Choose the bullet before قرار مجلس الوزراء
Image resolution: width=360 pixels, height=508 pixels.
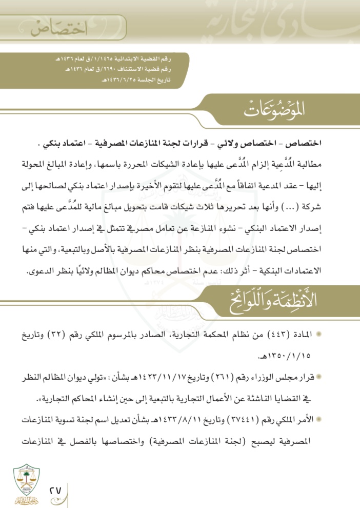[x=319, y=377]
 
